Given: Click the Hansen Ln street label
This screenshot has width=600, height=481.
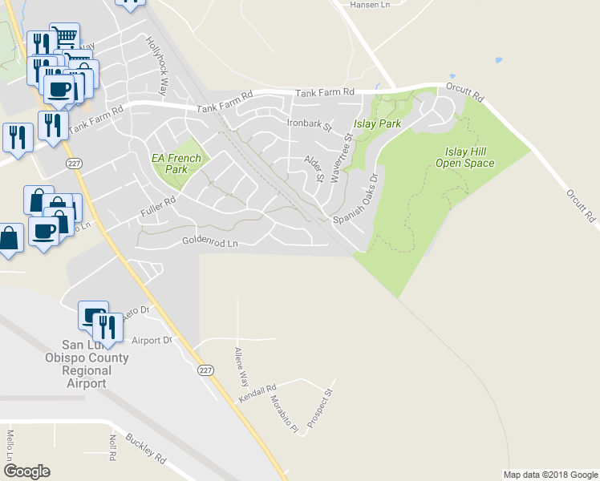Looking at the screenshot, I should coord(371,5).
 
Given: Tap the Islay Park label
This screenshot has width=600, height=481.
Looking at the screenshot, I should coord(378,124).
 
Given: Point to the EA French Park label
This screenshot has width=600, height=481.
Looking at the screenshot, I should coord(176,164).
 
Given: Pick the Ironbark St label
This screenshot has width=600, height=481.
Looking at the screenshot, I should coord(309,125).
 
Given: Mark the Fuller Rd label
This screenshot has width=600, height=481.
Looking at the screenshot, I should coord(159,206).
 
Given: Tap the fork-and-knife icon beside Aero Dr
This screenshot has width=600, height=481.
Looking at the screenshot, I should coord(105,326).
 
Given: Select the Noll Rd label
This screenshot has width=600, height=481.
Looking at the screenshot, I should coord(113,445).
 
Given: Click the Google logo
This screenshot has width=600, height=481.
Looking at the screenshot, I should coord(26,471).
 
